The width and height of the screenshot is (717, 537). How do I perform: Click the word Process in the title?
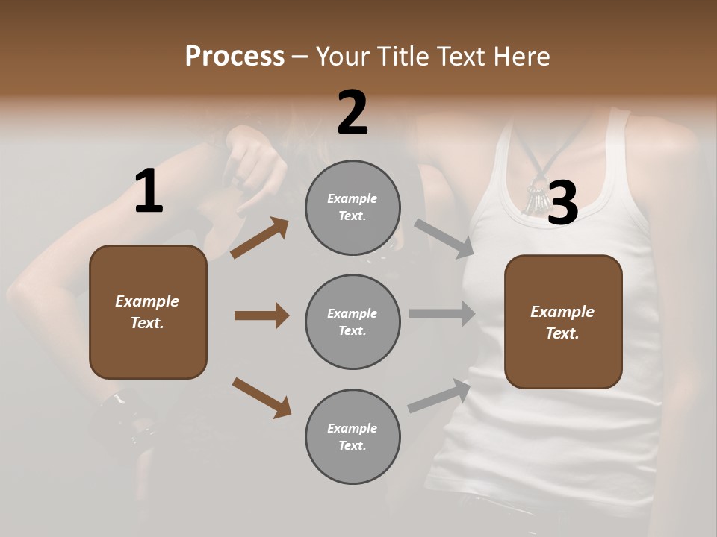pyautogui.click(x=235, y=57)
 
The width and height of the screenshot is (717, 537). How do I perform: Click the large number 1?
pyautogui.click(x=149, y=192)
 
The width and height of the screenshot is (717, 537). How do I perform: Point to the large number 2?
pyautogui.click(x=353, y=113)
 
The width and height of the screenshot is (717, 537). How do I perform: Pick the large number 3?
pyautogui.click(x=562, y=203)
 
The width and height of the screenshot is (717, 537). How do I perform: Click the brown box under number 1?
pyautogui.click(x=148, y=312)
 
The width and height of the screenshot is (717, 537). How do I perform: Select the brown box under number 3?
pyautogui.click(x=563, y=322)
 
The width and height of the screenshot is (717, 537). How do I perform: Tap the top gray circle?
pyautogui.click(x=353, y=207)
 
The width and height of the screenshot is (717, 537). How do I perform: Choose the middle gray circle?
pyautogui.click(x=353, y=321)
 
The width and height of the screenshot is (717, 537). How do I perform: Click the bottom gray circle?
pyautogui.click(x=353, y=436)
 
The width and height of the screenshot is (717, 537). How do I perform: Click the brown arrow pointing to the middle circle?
pyautogui.click(x=261, y=315)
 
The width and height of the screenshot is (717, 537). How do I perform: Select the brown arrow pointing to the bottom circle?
pyautogui.click(x=261, y=397)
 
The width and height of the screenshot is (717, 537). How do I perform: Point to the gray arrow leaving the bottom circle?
pyautogui.click(x=439, y=395)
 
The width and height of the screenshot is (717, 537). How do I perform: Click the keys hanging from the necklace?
pyautogui.click(x=535, y=200)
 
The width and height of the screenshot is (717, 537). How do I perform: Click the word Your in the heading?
pyautogui.click(x=341, y=57)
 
